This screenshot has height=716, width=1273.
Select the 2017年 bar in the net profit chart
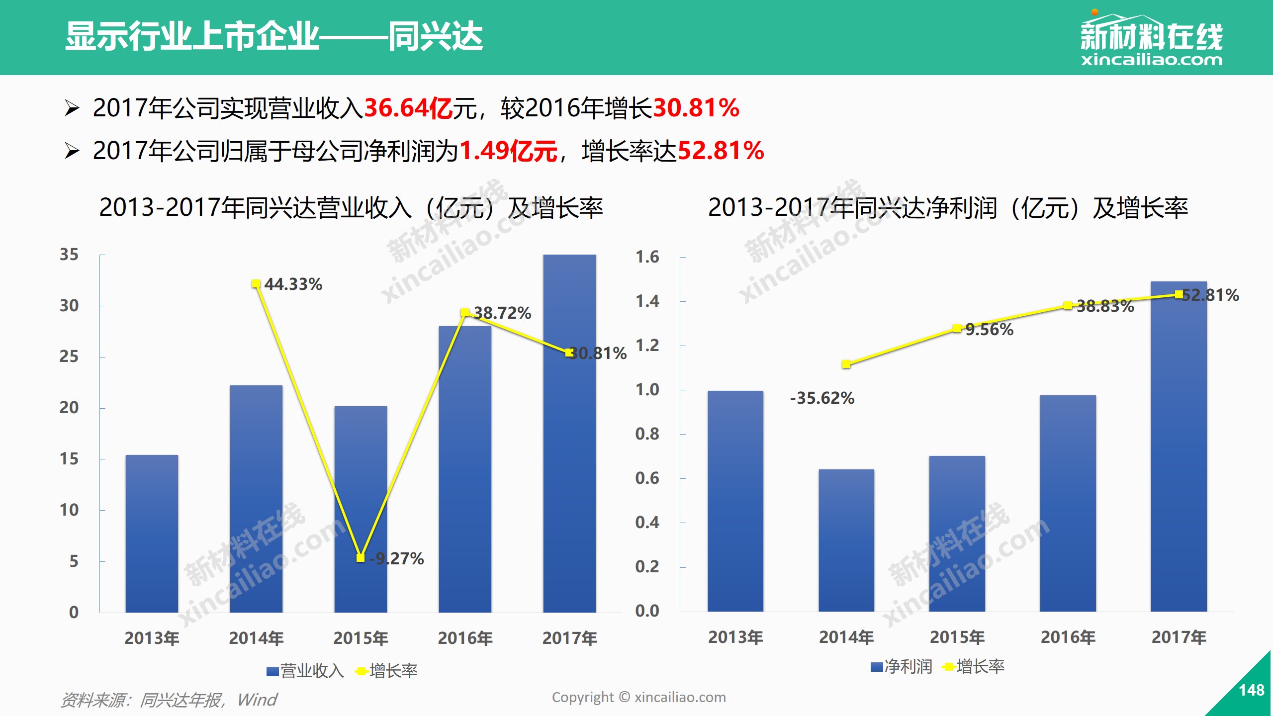click(x=1179, y=447)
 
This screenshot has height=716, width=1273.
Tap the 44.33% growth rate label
click(x=293, y=284)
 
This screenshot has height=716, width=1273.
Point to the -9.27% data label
click(x=397, y=558)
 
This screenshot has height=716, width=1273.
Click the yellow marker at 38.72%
click(x=465, y=312)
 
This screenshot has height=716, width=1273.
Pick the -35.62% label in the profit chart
click(x=822, y=398)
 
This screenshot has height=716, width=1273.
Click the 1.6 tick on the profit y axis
click(x=647, y=257)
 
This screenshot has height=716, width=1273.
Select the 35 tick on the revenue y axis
click(x=69, y=255)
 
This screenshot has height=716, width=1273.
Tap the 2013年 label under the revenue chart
click(x=152, y=638)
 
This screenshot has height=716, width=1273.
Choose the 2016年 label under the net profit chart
click(x=1068, y=637)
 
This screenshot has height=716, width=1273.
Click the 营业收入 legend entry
click(x=305, y=671)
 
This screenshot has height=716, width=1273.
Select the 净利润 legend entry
click(x=902, y=667)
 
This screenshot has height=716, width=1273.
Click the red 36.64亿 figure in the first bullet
click(x=408, y=108)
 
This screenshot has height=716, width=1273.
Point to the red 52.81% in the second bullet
click(x=721, y=151)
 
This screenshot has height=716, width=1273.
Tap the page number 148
click(x=1251, y=690)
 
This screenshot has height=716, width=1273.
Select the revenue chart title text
click(x=351, y=208)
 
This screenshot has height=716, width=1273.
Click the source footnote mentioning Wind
click(x=169, y=700)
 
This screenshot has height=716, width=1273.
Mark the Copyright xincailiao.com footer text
click(x=638, y=698)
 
